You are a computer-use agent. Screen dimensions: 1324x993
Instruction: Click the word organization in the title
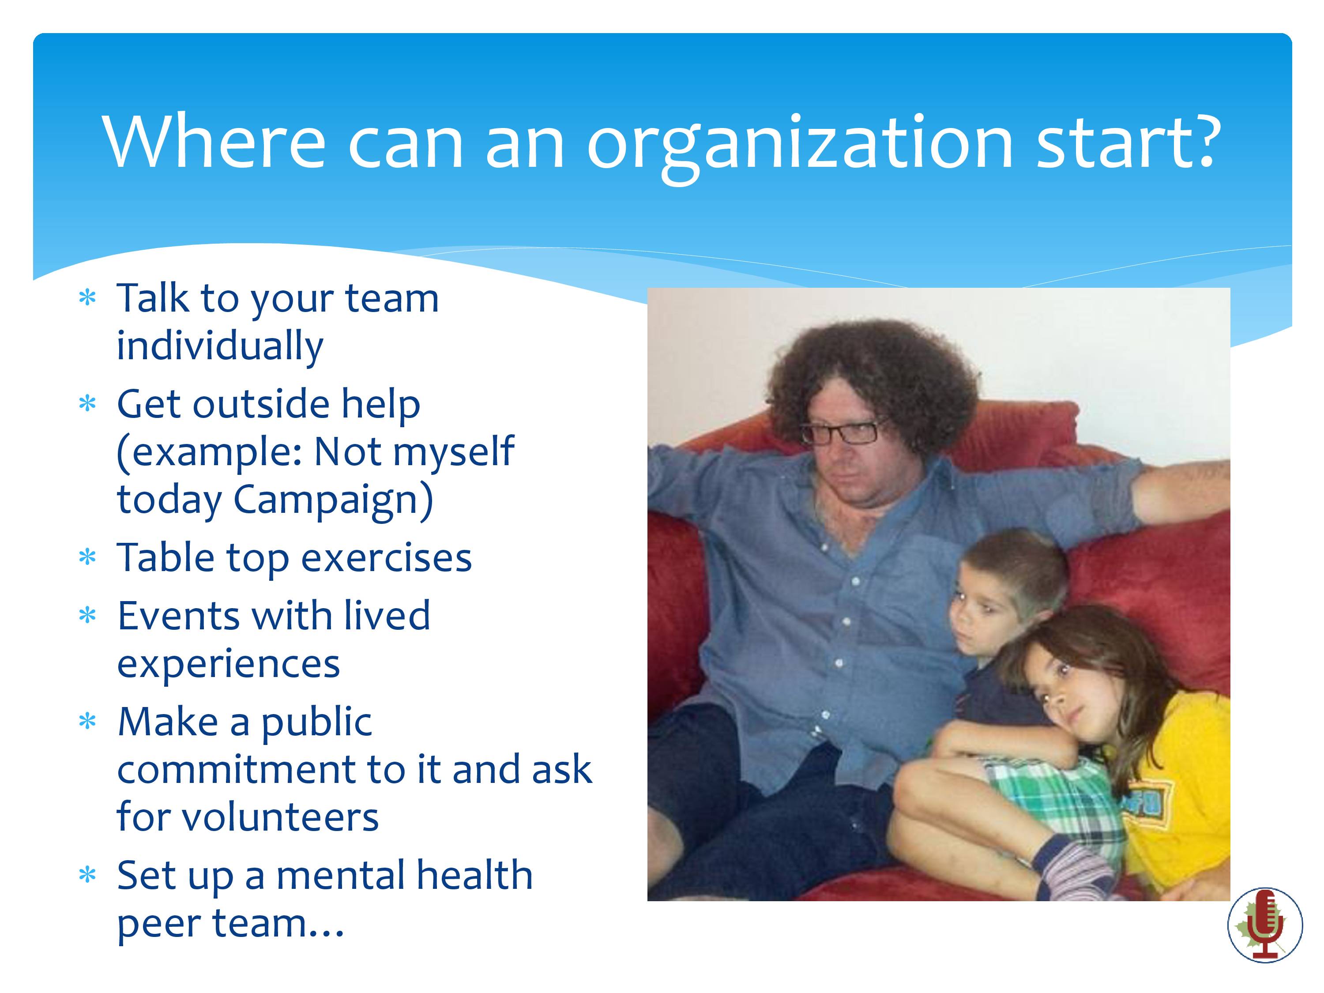(800, 144)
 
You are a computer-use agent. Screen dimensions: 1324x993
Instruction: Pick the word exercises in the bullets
(386, 558)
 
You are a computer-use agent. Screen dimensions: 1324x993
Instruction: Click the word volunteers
(280, 818)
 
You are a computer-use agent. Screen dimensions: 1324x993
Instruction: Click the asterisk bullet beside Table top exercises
(87, 557)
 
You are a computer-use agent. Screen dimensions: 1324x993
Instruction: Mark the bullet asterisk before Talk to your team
(87, 297)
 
